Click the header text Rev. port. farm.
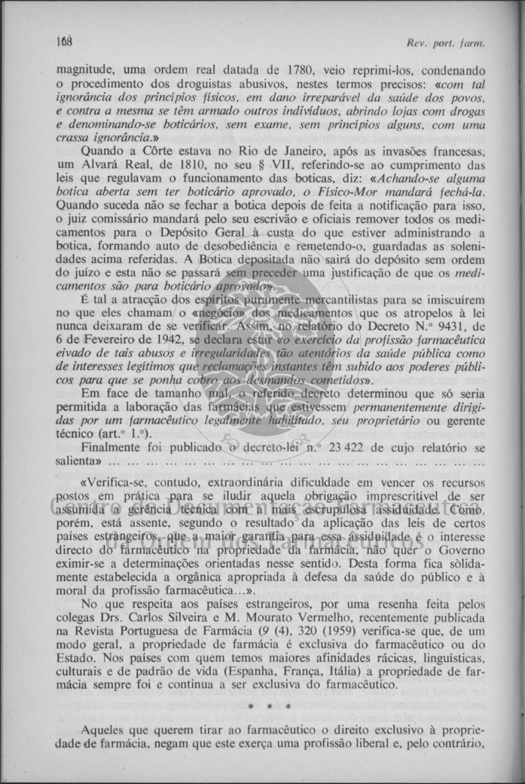click(x=445, y=43)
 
